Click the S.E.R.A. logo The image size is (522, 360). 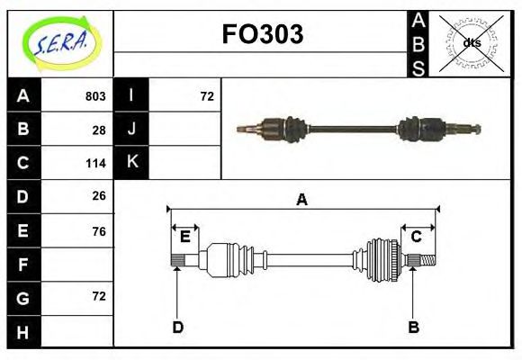pyautogui.click(x=60, y=43)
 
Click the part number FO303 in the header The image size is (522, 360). pyautogui.click(x=262, y=35)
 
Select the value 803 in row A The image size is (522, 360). pyautogui.click(x=95, y=96)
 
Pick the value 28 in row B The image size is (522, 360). pyautogui.click(x=99, y=130)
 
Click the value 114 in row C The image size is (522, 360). pyautogui.click(x=95, y=163)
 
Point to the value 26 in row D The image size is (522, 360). pyautogui.click(x=99, y=195)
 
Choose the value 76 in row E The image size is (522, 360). pyautogui.click(x=99, y=231)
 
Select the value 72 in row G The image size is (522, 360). pyautogui.click(x=99, y=296)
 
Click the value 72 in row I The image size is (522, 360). pyautogui.click(x=207, y=96)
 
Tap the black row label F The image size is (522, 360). pyautogui.click(x=22, y=265)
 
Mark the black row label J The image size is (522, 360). pyautogui.click(x=131, y=130)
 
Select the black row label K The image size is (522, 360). pyautogui.click(x=131, y=163)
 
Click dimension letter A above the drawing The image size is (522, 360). pyautogui.click(x=302, y=200)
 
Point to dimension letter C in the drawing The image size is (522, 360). pyautogui.click(x=417, y=237)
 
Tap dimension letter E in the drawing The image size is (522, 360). pyautogui.click(x=184, y=237)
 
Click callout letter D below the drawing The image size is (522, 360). pyautogui.click(x=177, y=327)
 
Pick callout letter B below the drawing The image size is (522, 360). pyautogui.click(x=413, y=327)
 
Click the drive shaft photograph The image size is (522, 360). pyautogui.click(x=358, y=129)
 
